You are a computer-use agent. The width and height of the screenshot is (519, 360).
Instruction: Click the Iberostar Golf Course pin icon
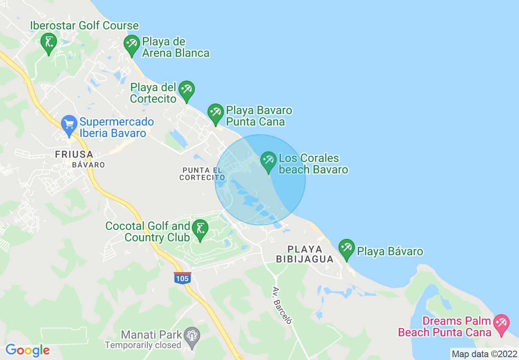point(49,42)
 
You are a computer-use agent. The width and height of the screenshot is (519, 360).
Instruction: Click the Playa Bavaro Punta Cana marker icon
point(215,113)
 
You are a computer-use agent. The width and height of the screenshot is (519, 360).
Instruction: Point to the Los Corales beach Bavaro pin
point(269,161)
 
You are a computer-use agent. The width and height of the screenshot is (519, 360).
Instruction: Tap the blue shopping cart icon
point(69,124)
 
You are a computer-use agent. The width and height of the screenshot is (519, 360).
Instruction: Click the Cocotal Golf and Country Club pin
point(200,229)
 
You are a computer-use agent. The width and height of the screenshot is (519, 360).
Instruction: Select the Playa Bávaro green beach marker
point(347,248)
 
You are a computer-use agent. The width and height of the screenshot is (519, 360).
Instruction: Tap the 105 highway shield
point(182,278)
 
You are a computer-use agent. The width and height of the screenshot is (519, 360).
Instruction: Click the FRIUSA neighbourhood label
point(74,155)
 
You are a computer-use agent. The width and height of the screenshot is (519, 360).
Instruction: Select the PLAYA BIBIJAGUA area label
point(305,254)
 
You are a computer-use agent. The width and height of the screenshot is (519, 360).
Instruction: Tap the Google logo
point(27,350)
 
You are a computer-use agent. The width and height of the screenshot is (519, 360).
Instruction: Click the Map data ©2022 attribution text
point(484,354)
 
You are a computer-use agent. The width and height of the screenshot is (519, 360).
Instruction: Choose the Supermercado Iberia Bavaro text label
point(117,128)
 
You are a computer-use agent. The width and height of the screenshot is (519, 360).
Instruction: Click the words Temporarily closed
point(143,345)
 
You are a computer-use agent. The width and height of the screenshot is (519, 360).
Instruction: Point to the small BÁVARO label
point(88,165)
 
